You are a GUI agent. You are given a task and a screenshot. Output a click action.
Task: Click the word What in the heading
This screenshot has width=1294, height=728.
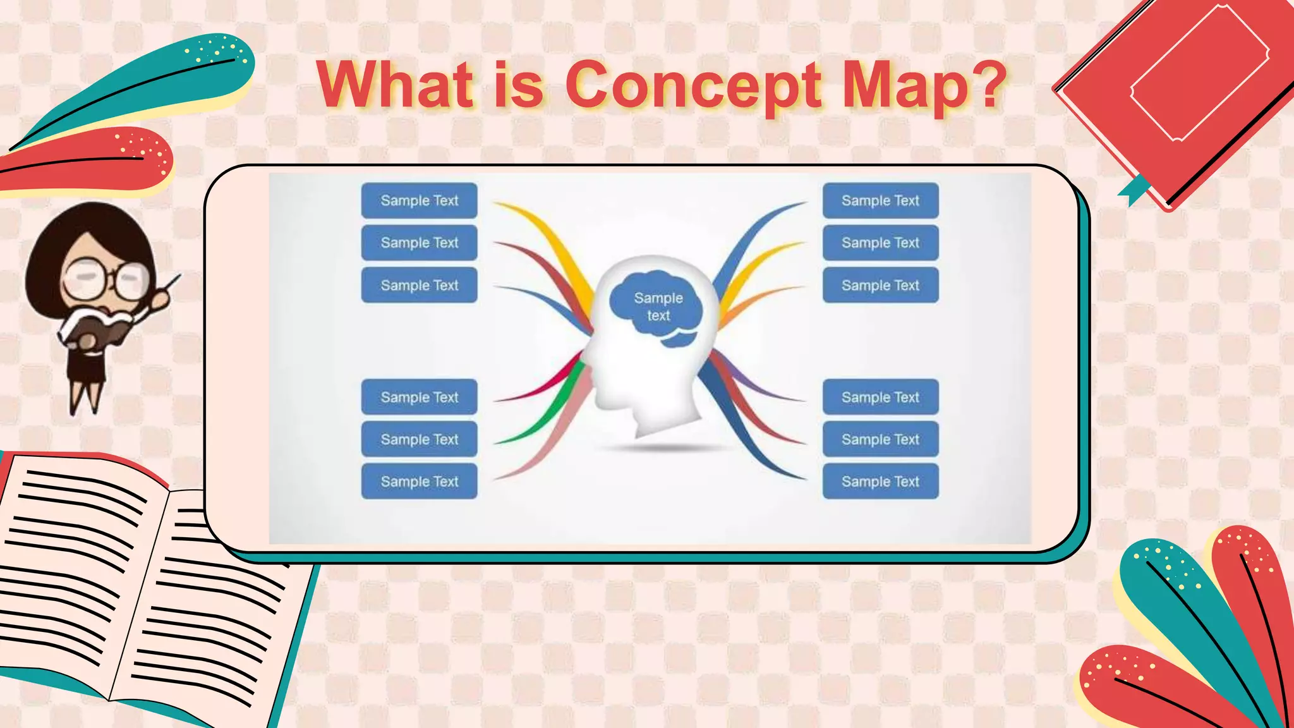click(394, 85)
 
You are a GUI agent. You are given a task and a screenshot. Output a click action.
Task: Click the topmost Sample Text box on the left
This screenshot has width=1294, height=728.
click(419, 200)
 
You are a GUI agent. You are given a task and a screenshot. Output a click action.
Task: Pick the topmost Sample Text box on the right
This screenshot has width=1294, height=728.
click(880, 200)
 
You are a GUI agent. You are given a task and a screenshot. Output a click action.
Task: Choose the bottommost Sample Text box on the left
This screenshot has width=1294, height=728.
click(419, 482)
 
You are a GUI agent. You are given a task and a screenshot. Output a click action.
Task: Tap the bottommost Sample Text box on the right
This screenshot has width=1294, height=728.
click(880, 482)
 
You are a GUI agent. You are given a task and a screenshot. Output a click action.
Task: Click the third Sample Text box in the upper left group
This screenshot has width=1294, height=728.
click(419, 285)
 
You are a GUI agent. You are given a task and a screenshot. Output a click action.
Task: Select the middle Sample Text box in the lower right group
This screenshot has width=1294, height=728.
click(880, 439)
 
